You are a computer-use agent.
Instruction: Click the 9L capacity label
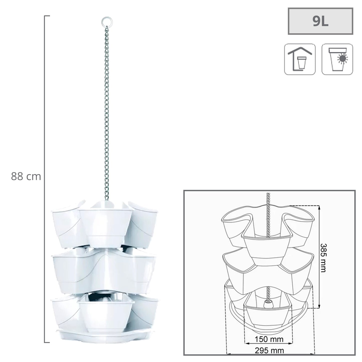click(320, 21)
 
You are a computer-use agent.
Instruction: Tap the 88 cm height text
click(26, 177)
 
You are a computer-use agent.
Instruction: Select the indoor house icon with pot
click(300, 59)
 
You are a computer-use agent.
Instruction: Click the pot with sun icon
click(337, 59)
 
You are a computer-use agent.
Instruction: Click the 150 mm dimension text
click(269, 339)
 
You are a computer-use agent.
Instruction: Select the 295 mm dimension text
click(269, 350)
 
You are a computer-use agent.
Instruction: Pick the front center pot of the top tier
click(106, 225)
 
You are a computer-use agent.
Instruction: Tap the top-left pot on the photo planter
click(66, 223)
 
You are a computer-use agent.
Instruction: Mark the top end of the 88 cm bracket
click(47, 16)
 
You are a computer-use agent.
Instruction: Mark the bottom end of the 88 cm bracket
click(47, 342)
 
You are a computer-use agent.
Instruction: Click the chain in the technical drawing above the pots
click(269, 213)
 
